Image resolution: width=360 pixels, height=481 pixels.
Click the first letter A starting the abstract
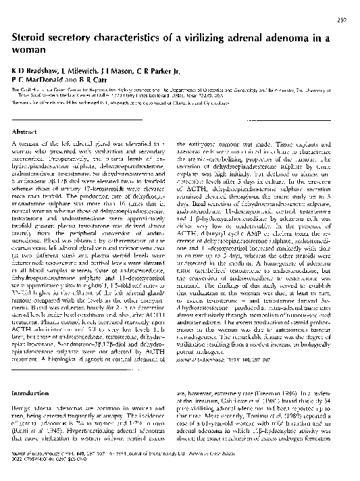[x=15, y=145]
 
